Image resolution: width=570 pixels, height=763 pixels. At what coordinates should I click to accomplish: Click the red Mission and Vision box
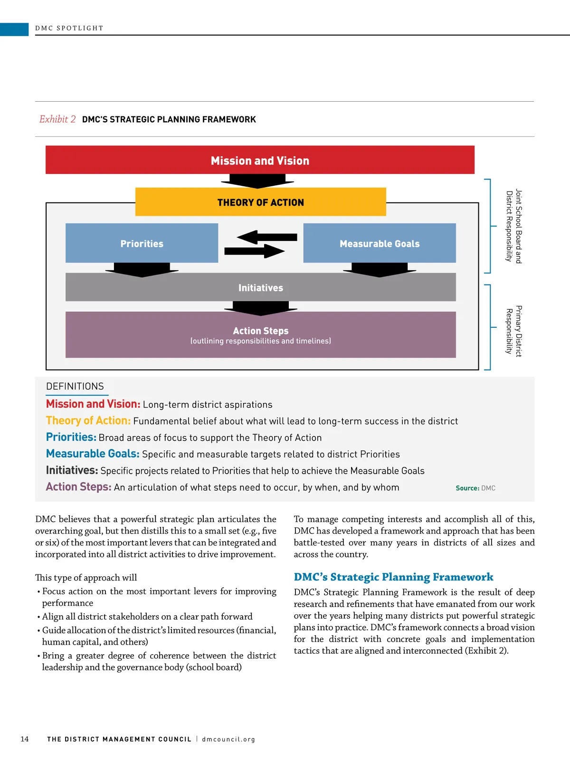(x=260, y=160)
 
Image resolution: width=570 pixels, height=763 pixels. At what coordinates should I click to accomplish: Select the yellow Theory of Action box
(x=260, y=202)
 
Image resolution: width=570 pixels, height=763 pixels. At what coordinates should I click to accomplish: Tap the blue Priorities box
(x=142, y=243)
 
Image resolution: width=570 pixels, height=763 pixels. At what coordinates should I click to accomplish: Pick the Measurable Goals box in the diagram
(x=380, y=243)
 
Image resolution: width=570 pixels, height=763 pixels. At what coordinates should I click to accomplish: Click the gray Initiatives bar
(x=260, y=287)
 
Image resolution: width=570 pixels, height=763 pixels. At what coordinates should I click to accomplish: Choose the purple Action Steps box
(x=260, y=335)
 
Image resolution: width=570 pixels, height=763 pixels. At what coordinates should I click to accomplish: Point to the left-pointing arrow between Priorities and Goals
(x=267, y=237)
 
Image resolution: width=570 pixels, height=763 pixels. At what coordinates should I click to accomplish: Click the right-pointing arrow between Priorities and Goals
(x=255, y=251)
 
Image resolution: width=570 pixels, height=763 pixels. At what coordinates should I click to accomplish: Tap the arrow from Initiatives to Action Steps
(x=260, y=308)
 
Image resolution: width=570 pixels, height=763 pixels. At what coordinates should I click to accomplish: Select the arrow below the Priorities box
(x=142, y=269)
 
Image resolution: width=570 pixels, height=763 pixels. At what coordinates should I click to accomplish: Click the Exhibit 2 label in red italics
(x=57, y=119)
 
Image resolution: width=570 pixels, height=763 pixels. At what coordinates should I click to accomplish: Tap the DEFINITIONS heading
(x=75, y=386)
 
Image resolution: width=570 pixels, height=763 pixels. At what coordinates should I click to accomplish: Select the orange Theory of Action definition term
(x=88, y=420)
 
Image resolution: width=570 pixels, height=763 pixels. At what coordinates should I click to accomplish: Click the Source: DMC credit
(x=475, y=488)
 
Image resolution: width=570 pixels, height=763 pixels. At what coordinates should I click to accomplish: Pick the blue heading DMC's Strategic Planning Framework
(x=393, y=577)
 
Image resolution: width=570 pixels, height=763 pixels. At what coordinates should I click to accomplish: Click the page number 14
(x=25, y=739)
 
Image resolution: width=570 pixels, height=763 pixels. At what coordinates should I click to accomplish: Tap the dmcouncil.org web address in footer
(x=228, y=739)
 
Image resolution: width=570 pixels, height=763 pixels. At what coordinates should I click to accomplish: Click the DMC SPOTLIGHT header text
(x=69, y=28)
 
